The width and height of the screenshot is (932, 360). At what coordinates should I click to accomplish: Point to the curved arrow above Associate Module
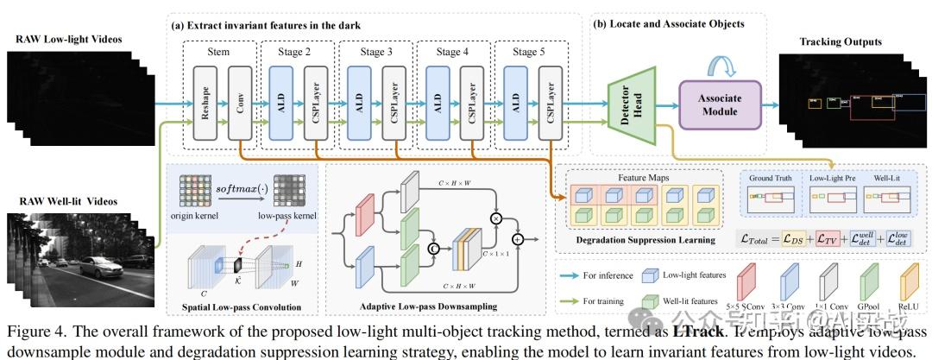click(721, 61)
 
